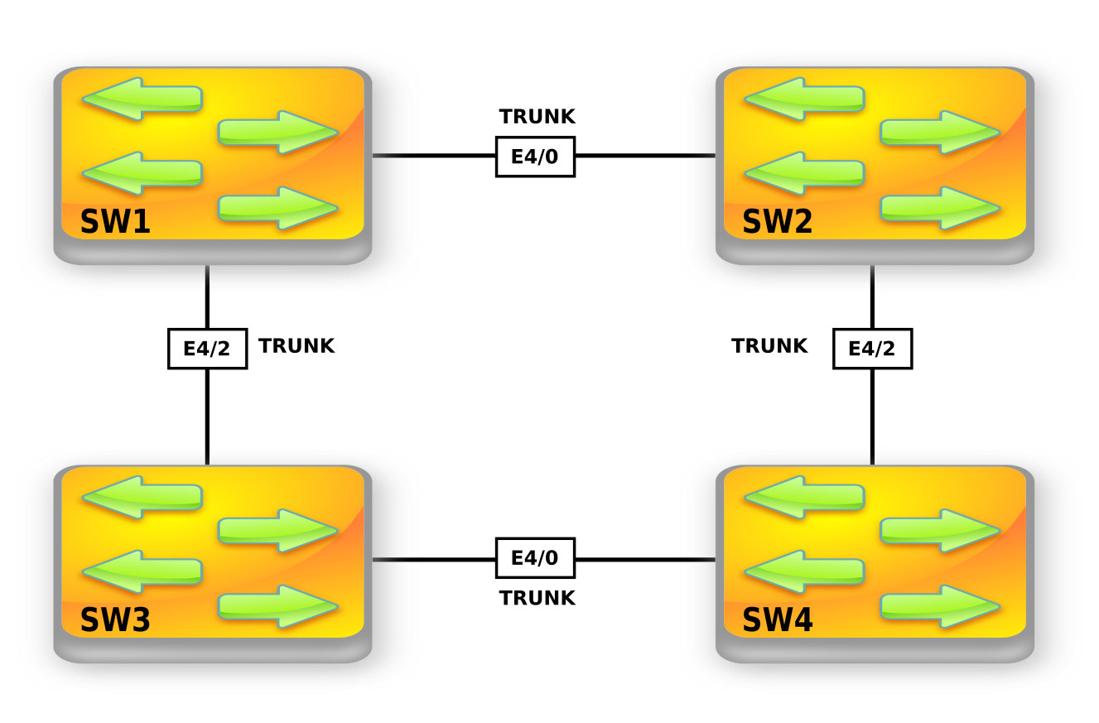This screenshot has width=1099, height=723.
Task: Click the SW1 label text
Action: [x=115, y=222]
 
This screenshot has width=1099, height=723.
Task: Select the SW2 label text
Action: [x=777, y=222]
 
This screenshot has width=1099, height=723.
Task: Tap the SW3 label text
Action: [x=115, y=620]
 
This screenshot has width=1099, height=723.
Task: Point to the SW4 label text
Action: [x=777, y=620]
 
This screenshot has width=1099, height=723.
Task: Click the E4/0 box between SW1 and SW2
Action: [x=535, y=157]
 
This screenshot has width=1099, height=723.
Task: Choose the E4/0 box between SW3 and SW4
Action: [x=535, y=558]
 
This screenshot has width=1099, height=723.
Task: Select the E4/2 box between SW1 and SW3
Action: [x=207, y=349]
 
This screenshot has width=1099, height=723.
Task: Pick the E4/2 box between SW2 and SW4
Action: [x=872, y=349]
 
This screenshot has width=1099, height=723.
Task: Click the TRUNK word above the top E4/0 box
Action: [x=537, y=117]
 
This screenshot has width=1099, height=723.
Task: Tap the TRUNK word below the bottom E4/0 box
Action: [x=537, y=598]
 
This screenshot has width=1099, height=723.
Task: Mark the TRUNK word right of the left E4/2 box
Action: [x=296, y=346]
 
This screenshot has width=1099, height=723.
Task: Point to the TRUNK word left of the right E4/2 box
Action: [x=769, y=346]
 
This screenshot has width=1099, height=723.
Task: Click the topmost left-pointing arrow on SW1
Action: [x=142, y=99]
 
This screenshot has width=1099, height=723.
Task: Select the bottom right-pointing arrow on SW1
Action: [x=278, y=208]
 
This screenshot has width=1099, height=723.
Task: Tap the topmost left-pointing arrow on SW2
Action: [x=804, y=99]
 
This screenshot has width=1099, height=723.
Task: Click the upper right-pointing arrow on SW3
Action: [x=278, y=530]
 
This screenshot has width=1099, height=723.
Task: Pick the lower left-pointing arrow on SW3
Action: [x=142, y=571]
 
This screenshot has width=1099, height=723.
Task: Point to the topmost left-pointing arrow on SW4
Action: [x=804, y=497]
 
